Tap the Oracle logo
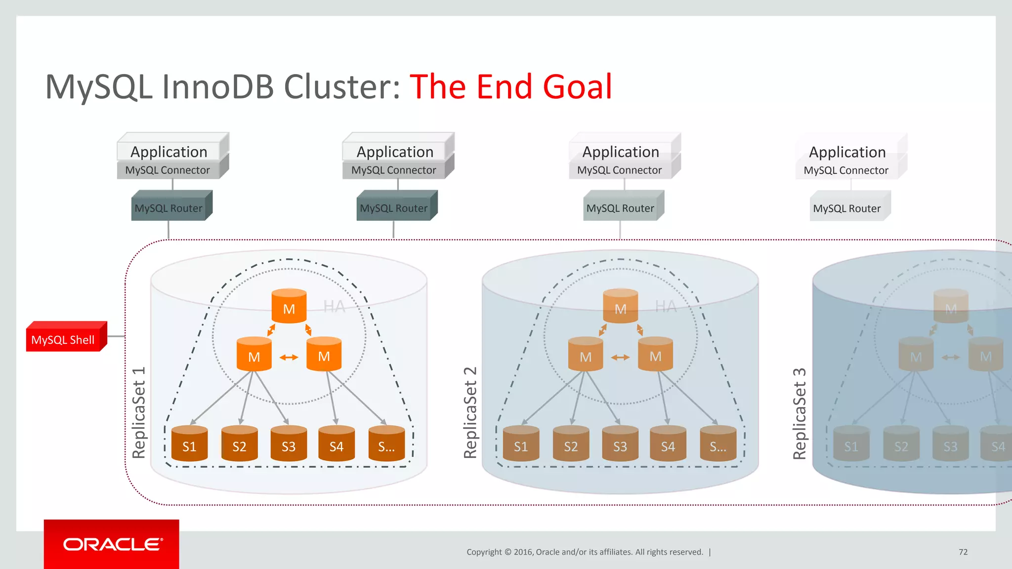point(112,544)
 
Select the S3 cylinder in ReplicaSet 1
point(289,444)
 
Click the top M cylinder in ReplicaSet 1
point(289,307)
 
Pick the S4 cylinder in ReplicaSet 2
point(668,444)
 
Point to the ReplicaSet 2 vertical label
point(470,412)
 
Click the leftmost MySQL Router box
point(169,208)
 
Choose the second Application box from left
point(395,151)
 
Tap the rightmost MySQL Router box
point(847,208)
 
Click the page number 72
point(963,552)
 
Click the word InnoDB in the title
point(218,87)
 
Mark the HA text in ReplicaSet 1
point(335,307)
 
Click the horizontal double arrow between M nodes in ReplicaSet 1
point(289,357)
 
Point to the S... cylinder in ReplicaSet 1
point(386,444)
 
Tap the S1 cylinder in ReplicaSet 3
point(851,444)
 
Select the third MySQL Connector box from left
point(620,170)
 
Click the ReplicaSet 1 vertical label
point(139,412)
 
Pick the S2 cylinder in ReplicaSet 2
point(571,444)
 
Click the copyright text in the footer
point(585,552)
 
